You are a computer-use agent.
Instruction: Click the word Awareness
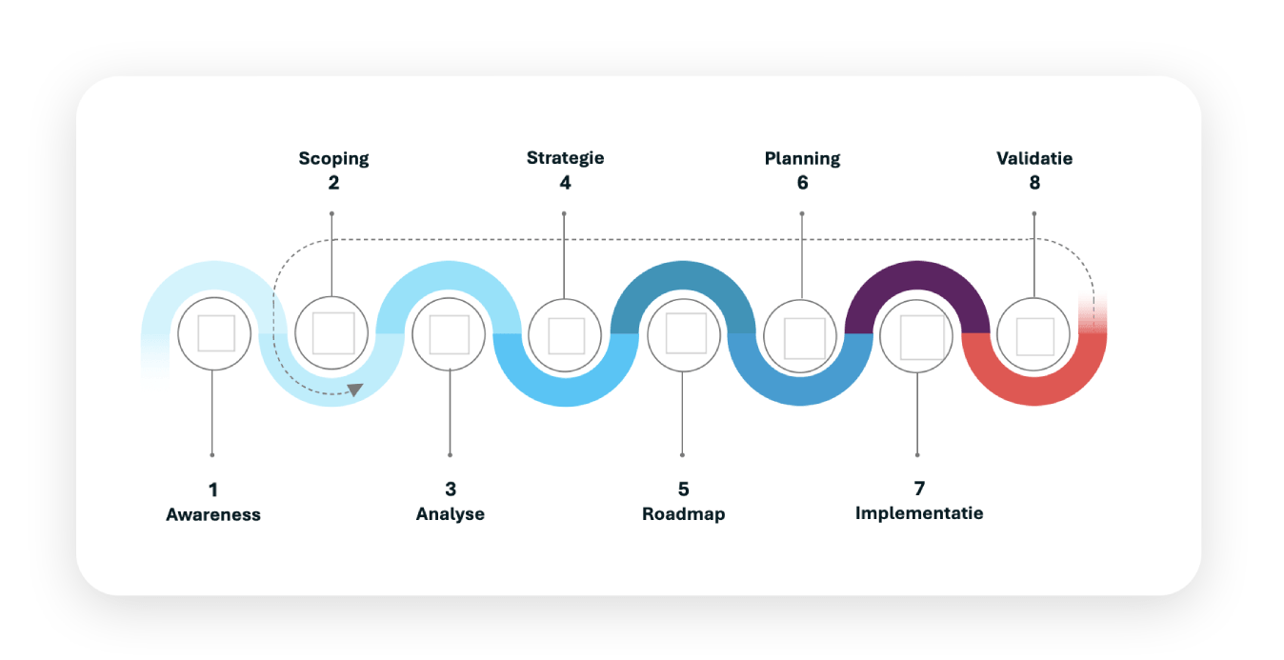(213, 515)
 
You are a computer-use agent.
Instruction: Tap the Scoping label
(333, 158)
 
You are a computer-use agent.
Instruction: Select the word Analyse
(451, 514)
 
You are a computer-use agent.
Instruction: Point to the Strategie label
(565, 158)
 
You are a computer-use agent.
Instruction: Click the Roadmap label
(683, 514)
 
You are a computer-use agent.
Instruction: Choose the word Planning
(802, 158)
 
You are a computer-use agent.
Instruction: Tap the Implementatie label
(919, 513)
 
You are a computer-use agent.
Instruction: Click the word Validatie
(1034, 158)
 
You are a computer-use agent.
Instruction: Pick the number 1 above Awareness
(213, 490)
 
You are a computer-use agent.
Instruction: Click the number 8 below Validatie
(1034, 182)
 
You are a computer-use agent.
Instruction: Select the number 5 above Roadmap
(683, 490)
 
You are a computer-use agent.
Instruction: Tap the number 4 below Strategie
(565, 182)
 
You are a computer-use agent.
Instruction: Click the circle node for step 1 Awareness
(214, 333)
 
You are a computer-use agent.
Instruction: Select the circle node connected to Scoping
(331, 333)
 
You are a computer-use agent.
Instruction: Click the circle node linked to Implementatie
(917, 335)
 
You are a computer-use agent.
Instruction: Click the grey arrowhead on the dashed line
(355, 389)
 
